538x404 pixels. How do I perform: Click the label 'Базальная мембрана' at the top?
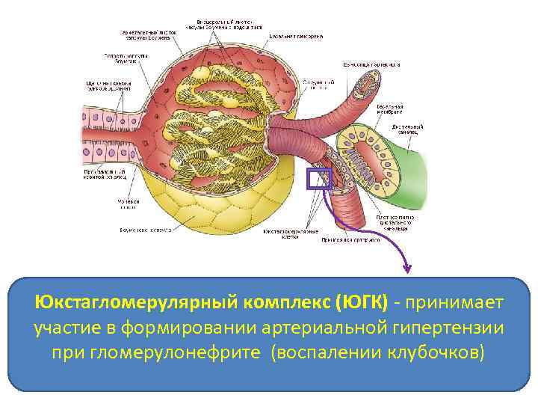[x=297, y=35]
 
